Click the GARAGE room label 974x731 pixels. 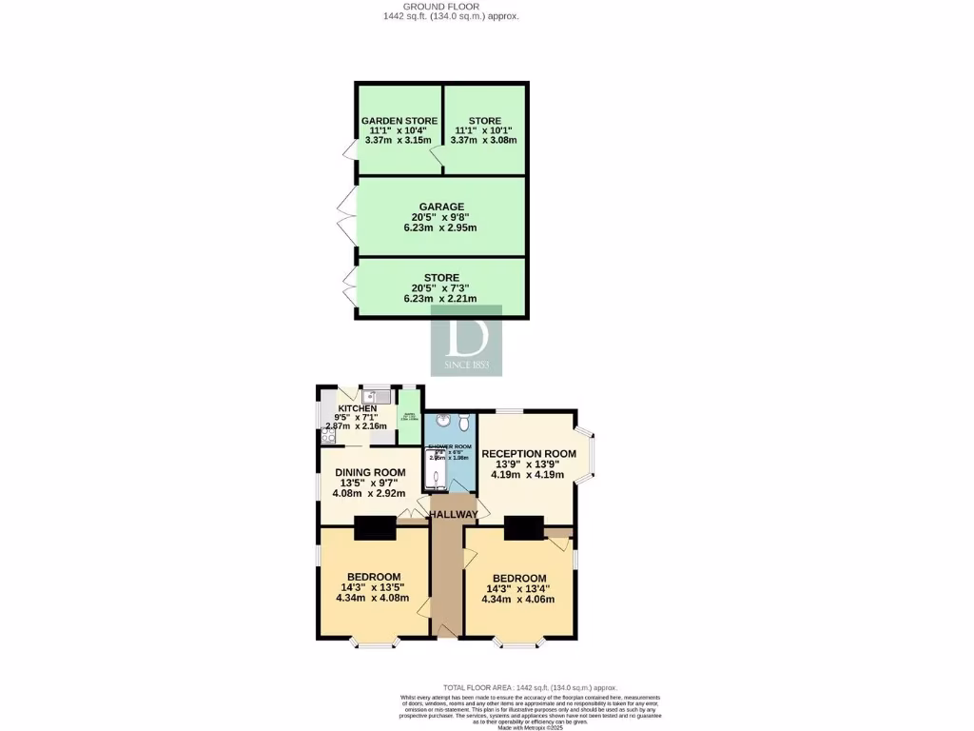[441, 207]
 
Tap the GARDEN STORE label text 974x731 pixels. [399, 121]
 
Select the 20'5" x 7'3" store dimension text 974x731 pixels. [441, 288]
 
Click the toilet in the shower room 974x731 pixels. [462, 421]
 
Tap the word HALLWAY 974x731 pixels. [453, 514]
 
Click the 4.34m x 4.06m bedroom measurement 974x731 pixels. [519, 600]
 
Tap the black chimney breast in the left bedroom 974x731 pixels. [375, 527]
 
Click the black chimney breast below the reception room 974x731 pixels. [524, 527]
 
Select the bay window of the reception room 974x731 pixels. [591, 456]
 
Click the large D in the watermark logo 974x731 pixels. [466, 335]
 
